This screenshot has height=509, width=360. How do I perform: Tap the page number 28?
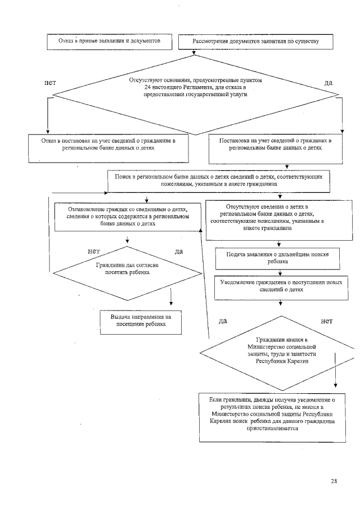tap(334, 481)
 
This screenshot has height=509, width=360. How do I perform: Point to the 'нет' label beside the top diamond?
tap(49, 83)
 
